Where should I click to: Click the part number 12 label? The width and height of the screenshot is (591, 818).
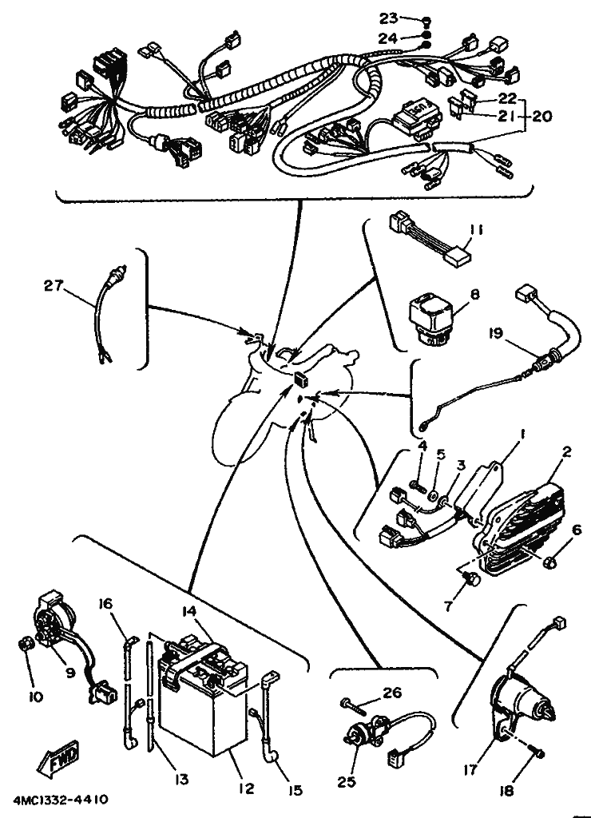click(247, 789)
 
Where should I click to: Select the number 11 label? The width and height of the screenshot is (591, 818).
click(476, 230)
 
